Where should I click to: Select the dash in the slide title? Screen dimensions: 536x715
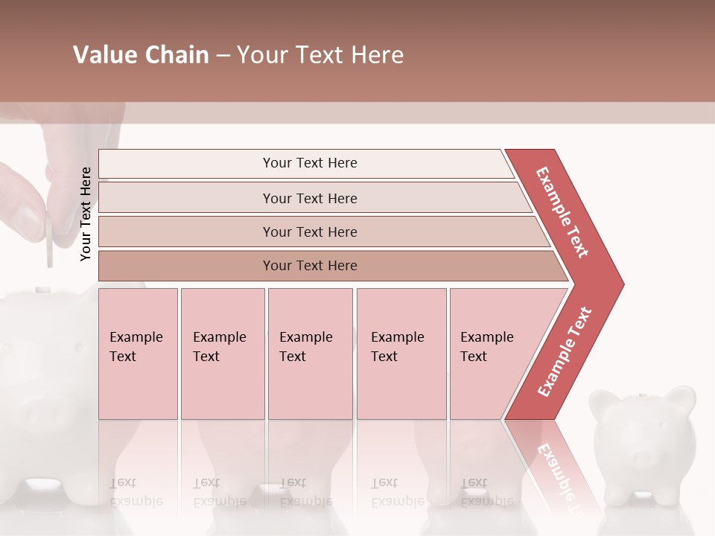click(x=223, y=56)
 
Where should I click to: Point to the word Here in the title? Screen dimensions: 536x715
click(x=377, y=55)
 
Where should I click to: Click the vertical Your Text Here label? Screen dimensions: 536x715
click(x=86, y=214)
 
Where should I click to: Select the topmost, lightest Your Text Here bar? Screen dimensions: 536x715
click(x=309, y=163)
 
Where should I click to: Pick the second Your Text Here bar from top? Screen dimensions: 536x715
click(x=309, y=198)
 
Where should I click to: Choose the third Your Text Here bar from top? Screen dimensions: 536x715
click(x=309, y=232)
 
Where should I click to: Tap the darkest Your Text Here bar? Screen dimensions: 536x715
click(x=309, y=266)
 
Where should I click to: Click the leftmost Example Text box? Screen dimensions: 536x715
click(x=138, y=354)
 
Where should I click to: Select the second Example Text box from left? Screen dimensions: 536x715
click(x=222, y=354)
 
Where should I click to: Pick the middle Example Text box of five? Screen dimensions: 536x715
click(x=310, y=354)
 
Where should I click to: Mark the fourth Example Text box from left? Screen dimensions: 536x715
click(x=401, y=354)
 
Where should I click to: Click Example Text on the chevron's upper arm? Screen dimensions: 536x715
click(x=562, y=212)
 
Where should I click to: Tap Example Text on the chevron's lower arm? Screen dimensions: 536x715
click(x=565, y=351)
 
